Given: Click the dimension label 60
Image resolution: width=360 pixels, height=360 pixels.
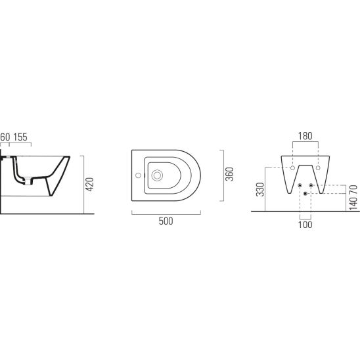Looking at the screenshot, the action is click(5, 137).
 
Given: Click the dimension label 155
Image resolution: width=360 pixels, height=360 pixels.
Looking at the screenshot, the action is click(20, 137).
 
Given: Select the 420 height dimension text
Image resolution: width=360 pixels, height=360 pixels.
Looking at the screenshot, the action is click(89, 185).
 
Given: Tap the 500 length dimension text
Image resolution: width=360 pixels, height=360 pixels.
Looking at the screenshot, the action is click(166, 221).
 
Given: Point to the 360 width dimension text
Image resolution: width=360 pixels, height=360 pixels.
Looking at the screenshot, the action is click(229, 174).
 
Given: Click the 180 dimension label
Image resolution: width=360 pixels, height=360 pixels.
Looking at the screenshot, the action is click(305, 136).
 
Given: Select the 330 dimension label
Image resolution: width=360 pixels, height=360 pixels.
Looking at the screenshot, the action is click(260, 190).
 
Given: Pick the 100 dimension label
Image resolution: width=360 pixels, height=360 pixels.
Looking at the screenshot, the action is click(305, 225).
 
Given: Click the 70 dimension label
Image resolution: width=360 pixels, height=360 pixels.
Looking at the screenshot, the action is click(353, 190).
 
